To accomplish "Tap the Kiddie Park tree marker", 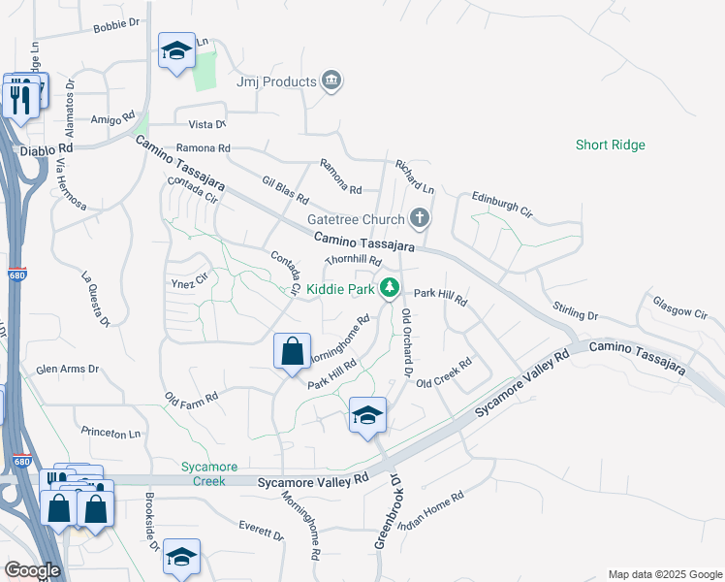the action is pos(390,287).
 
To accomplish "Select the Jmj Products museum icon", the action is pos(331,81).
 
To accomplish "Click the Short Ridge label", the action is pos(610,145).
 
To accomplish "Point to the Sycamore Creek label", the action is pos(203,473).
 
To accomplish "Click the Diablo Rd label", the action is pos(51,148).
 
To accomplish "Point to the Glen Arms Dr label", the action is pos(68,369).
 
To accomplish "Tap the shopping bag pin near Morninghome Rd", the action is pos(293,353).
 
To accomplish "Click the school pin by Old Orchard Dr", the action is pos(367,415).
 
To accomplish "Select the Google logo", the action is pos(33,570).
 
